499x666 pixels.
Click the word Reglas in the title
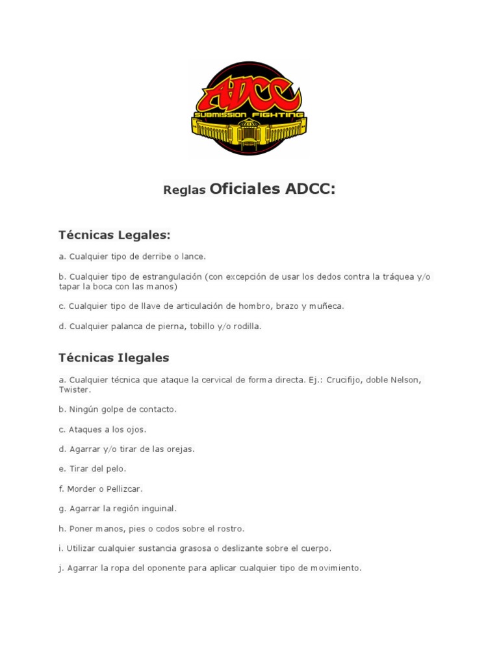coord(185,191)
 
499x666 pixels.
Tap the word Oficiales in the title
coord(245,189)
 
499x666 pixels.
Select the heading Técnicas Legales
coord(114,235)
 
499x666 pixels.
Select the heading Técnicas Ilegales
coord(114,358)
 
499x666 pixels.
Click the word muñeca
coord(327,306)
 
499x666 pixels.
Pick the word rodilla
coord(246,326)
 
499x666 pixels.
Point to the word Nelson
coord(406,380)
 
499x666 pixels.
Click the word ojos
coord(135,429)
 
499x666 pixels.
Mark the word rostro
coord(230,529)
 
